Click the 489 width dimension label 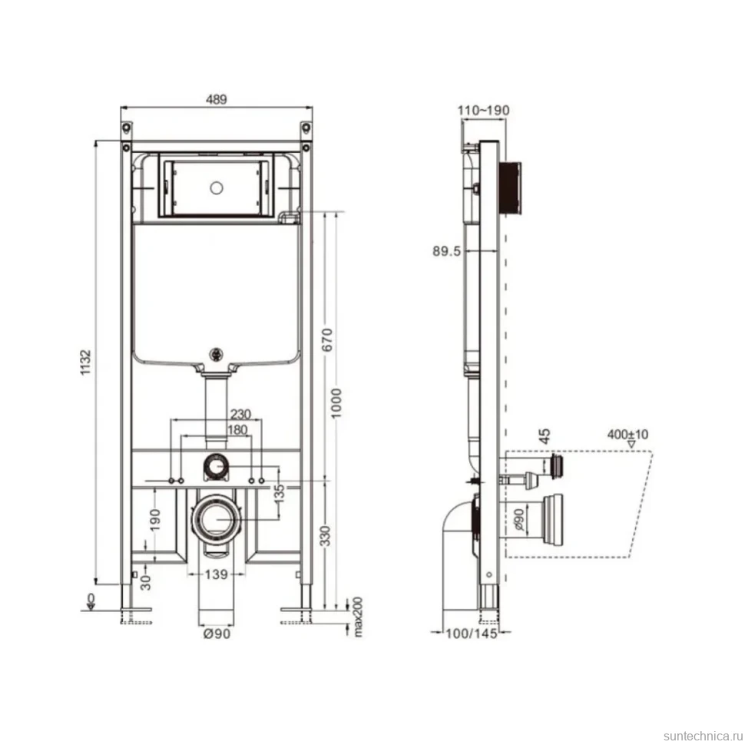[x=216, y=99]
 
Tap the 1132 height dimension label [x=85, y=363]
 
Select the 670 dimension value [x=327, y=339]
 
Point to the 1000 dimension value [x=336, y=403]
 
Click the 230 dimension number [x=240, y=414]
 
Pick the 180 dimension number [x=237, y=430]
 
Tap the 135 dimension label [x=280, y=493]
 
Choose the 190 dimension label [x=155, y=520]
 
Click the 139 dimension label [x=216, y=574]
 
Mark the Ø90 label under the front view [x=217, y=634]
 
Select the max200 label [x=358, y=617]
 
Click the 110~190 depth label [x=483, y=111]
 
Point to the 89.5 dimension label [x=447, y=251]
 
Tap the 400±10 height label [x=627, y=434]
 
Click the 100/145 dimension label [x=472, y=634]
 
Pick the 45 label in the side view [x=545, y=435]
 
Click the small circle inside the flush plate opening [x=217, y=188]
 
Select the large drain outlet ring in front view [x=217, y=519]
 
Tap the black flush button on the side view [x=510, y=188]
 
